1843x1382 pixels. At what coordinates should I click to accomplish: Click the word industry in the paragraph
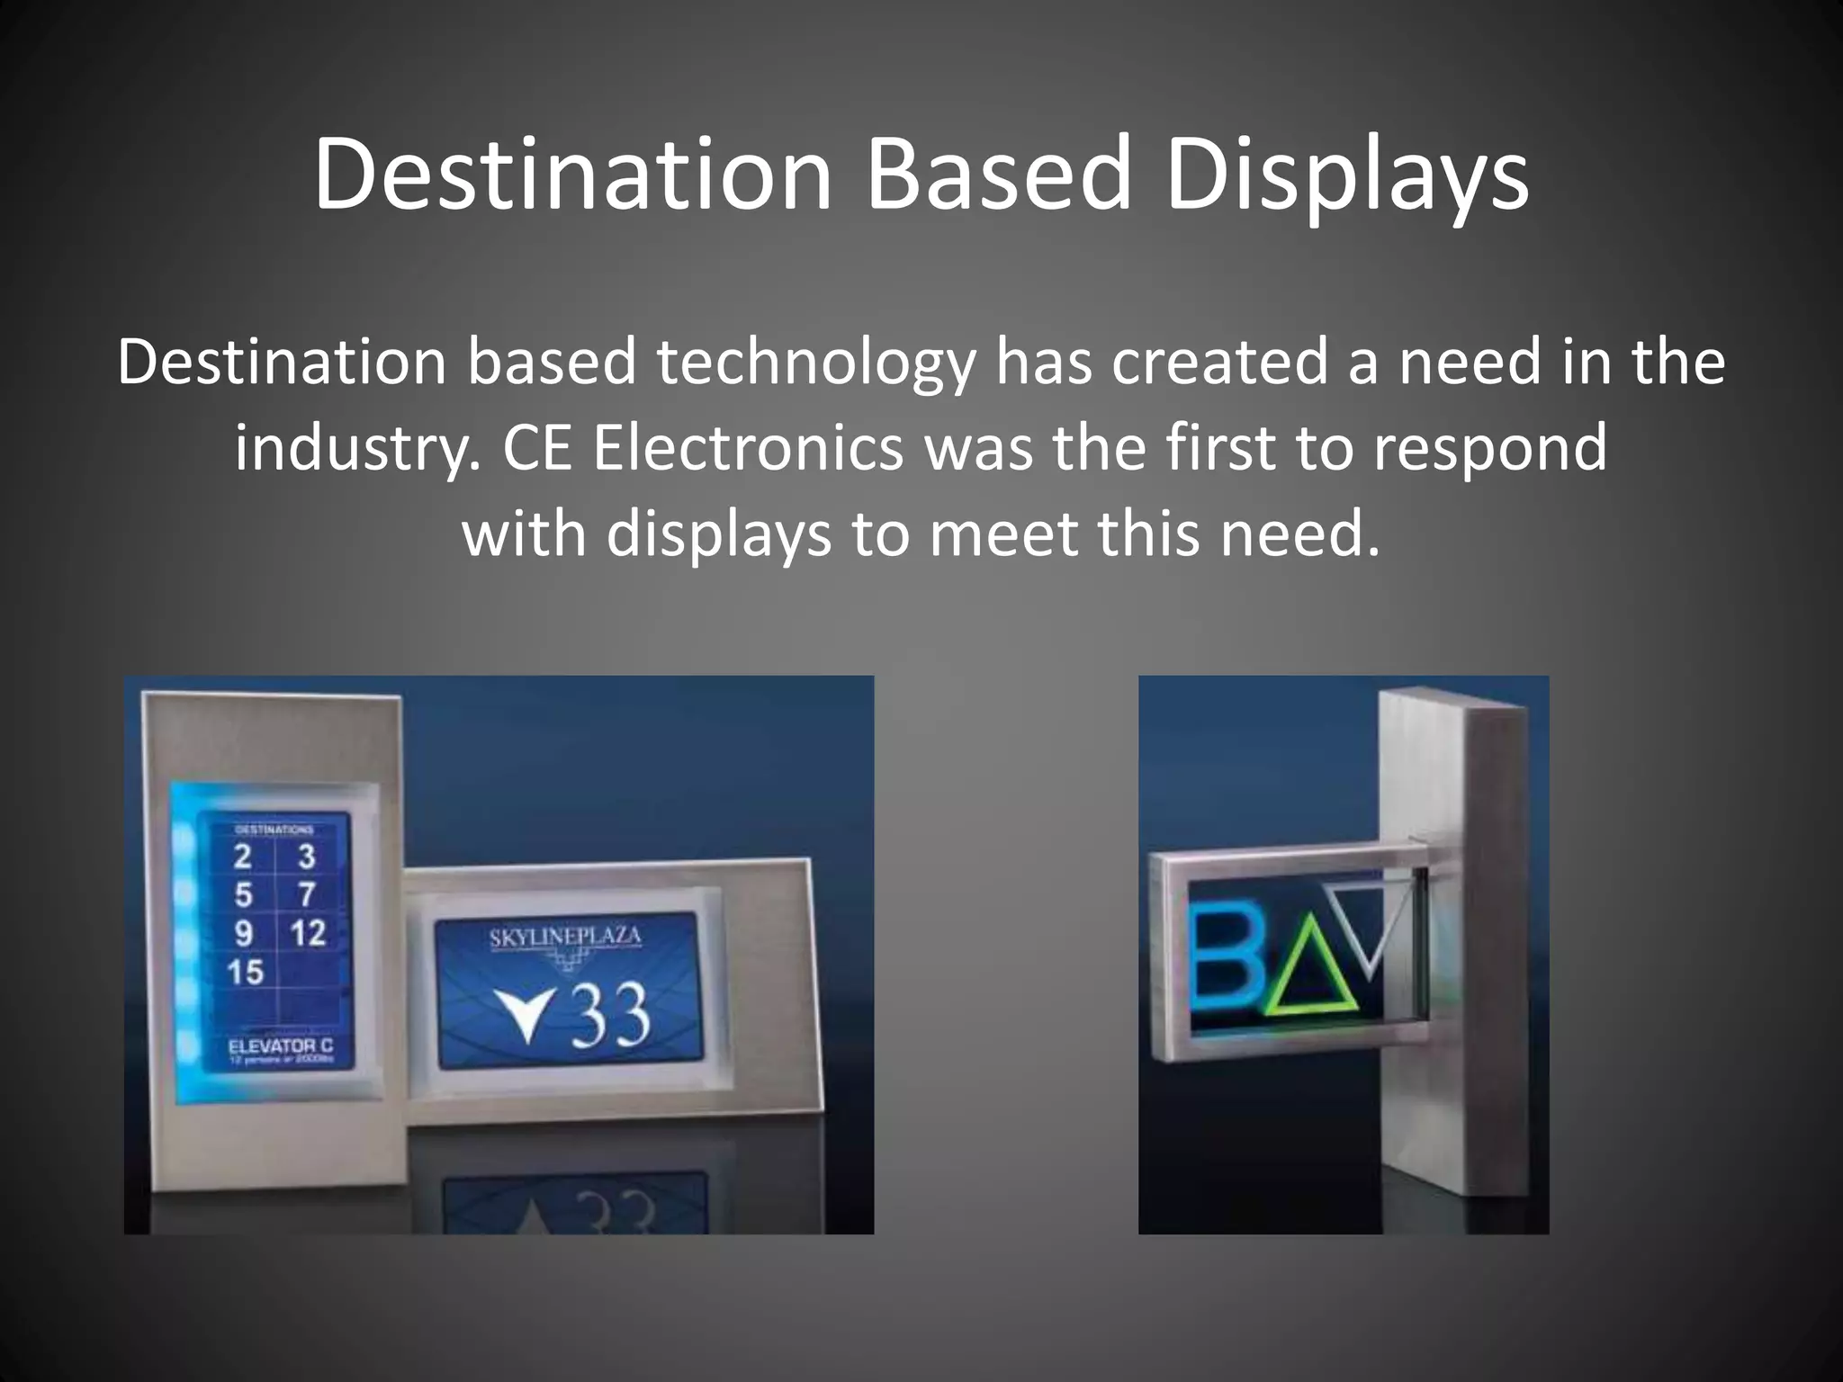click(355, 449)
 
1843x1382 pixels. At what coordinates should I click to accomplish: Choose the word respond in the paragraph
click(1489, 449)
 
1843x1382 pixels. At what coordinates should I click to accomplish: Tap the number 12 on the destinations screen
click(308, 933)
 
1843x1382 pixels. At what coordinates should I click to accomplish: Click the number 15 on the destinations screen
click(245, 972)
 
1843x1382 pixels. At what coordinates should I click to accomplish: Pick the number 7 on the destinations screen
click(307, 894)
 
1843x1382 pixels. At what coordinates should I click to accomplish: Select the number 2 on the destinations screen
click(243, 856)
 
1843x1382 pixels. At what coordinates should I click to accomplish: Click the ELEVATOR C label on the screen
click(281, 1045)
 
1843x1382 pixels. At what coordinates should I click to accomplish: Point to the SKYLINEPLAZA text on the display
click(565, 938)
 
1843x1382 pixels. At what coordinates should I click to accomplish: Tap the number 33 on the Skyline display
click(611, 1015)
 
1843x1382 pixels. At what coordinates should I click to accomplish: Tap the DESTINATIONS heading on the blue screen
click(274, 829)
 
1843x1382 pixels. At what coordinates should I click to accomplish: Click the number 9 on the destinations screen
click(244, 933)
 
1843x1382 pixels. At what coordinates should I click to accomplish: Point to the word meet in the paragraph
click(1002, 534)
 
